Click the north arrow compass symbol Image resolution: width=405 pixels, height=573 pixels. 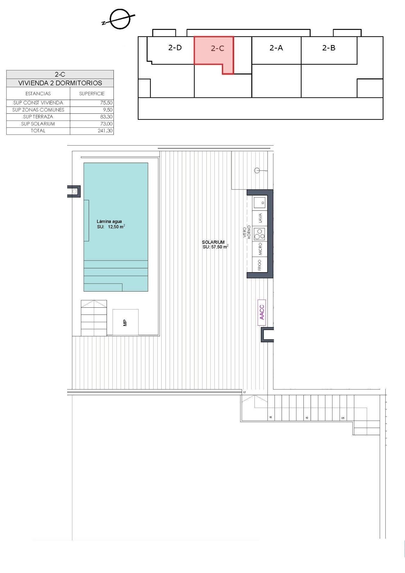pos(120,19)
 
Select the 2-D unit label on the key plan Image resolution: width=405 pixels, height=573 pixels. pos(175,48)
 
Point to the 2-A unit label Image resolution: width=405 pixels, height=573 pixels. pos(276,48)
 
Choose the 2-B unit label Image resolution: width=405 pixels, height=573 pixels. pos(329,48)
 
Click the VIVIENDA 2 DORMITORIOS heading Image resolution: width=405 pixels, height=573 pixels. pos(60,83)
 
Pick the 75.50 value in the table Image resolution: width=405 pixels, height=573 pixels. pos(106,103)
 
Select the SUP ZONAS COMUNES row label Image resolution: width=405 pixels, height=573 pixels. pos(38,110)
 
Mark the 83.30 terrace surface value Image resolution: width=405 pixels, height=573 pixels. pos(106,117)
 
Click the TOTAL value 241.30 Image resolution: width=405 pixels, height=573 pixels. pos(105,131)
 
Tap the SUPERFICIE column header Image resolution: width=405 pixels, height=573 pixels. pos(92,94)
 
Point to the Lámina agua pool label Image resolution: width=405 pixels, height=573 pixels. pos(109,221)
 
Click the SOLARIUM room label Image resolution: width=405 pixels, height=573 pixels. pos(213,242)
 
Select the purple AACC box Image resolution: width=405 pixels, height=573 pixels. pos(262,312)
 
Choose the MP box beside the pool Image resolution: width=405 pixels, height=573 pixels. pos(125,322)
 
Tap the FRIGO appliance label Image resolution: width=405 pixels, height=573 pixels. pos(260,265)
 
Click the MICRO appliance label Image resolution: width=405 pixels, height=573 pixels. pos(260,249)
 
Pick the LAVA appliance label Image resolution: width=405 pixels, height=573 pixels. pos(260,218)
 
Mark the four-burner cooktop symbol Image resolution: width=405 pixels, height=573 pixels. pos(259,234)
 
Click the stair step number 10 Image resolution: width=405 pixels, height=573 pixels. pos(307,418)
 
